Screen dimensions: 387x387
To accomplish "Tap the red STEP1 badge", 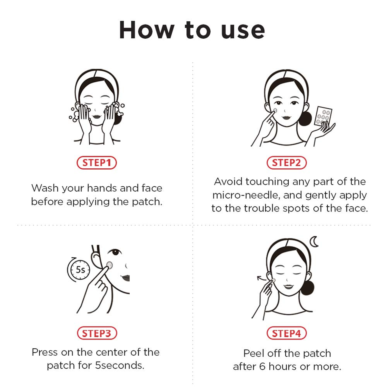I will tap(96, 163).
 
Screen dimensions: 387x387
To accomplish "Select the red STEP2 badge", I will tap(286, 163).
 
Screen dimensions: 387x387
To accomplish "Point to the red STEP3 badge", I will tap(97, 333).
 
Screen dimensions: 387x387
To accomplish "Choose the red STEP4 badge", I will tap(286, 333).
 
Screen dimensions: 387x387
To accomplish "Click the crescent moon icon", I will tap(314, 242).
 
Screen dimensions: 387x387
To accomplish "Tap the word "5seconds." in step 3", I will tap(120, 365).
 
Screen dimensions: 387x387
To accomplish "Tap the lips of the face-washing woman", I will tap(96, 115).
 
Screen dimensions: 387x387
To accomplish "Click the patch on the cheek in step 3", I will tap(109, 265).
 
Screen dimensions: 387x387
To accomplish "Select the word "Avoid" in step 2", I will tap(228, 182).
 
